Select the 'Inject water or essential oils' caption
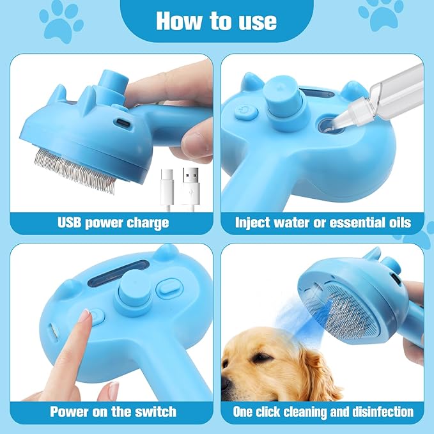coord(323,222)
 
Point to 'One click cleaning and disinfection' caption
coord(323,411)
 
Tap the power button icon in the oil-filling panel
coord(245,112)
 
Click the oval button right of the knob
coord(167,288)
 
